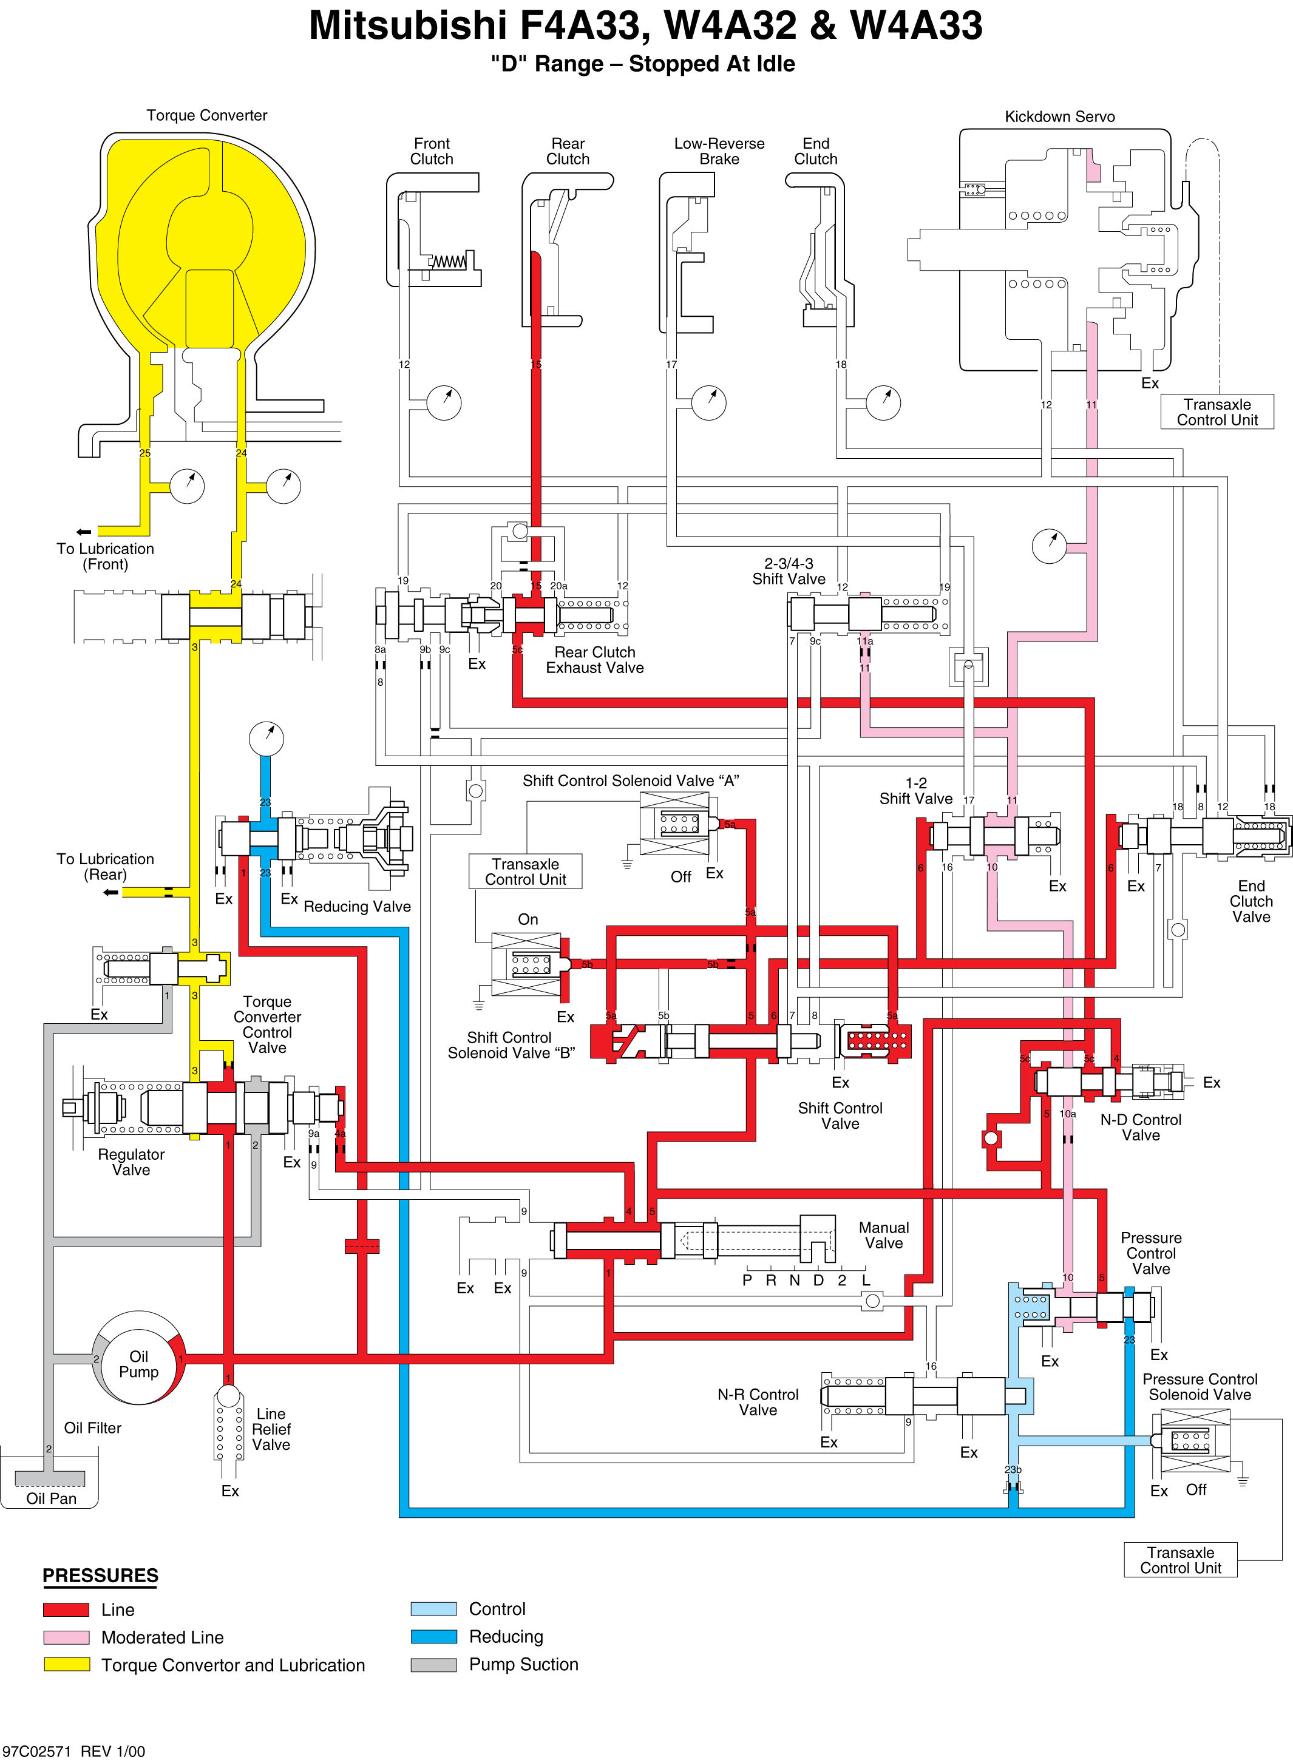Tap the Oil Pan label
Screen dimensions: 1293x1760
click(x=52, y=1498)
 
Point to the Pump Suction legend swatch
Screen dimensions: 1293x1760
click(x=433, y=1665)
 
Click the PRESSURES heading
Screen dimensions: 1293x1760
click(x=100, y=1576)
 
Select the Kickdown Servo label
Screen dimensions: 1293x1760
click(x=1060, y=117)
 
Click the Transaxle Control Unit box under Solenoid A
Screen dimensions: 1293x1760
click(x=525, y=871)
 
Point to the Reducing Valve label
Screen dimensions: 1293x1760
click(x=357, y=906)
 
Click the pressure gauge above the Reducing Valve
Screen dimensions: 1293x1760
click(x=266, y=738)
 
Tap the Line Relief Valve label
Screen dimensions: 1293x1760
click(x=271, y=1429)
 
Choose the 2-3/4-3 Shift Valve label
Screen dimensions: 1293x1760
click(x=789, y=571)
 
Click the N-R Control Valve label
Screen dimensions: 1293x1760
click(x=758, y=1403)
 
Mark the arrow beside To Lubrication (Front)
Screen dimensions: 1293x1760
click(x=83, y=532)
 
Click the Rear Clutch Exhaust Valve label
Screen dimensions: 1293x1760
click(x=595, y=660)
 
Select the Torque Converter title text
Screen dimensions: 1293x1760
click(x=206, y=115)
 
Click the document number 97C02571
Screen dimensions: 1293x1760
click(x=37, y=1752)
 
